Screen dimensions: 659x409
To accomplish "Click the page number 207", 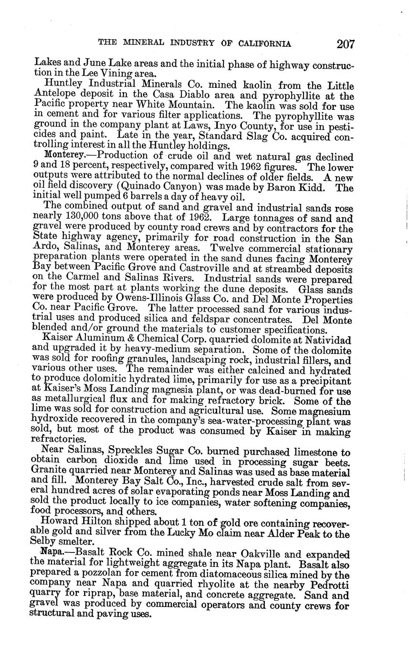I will coord(346,44).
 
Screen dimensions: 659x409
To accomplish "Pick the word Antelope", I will coord(53,96).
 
